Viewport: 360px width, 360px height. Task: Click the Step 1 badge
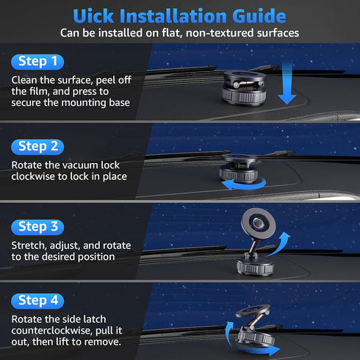tap(37, 62)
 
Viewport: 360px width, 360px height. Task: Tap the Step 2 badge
tap(37, 147)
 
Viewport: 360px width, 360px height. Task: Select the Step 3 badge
tap(37, 227)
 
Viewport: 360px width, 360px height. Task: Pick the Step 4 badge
tap(37, 300)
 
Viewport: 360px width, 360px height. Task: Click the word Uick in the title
tap(93, 16)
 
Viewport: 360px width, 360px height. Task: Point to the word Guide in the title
tap(259, 16)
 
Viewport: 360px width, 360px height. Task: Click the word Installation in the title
tap(173, 16)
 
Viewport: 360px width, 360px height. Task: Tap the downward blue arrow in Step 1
tap(287, 83)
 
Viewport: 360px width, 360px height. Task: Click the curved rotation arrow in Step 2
tap(245, 187)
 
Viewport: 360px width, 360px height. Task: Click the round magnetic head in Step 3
tap(258, 223)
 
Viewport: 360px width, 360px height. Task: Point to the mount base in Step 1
tap(245, 89)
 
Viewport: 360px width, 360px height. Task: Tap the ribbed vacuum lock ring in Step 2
tap(239, 174)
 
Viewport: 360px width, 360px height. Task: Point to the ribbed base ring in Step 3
tap(255, 267)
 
